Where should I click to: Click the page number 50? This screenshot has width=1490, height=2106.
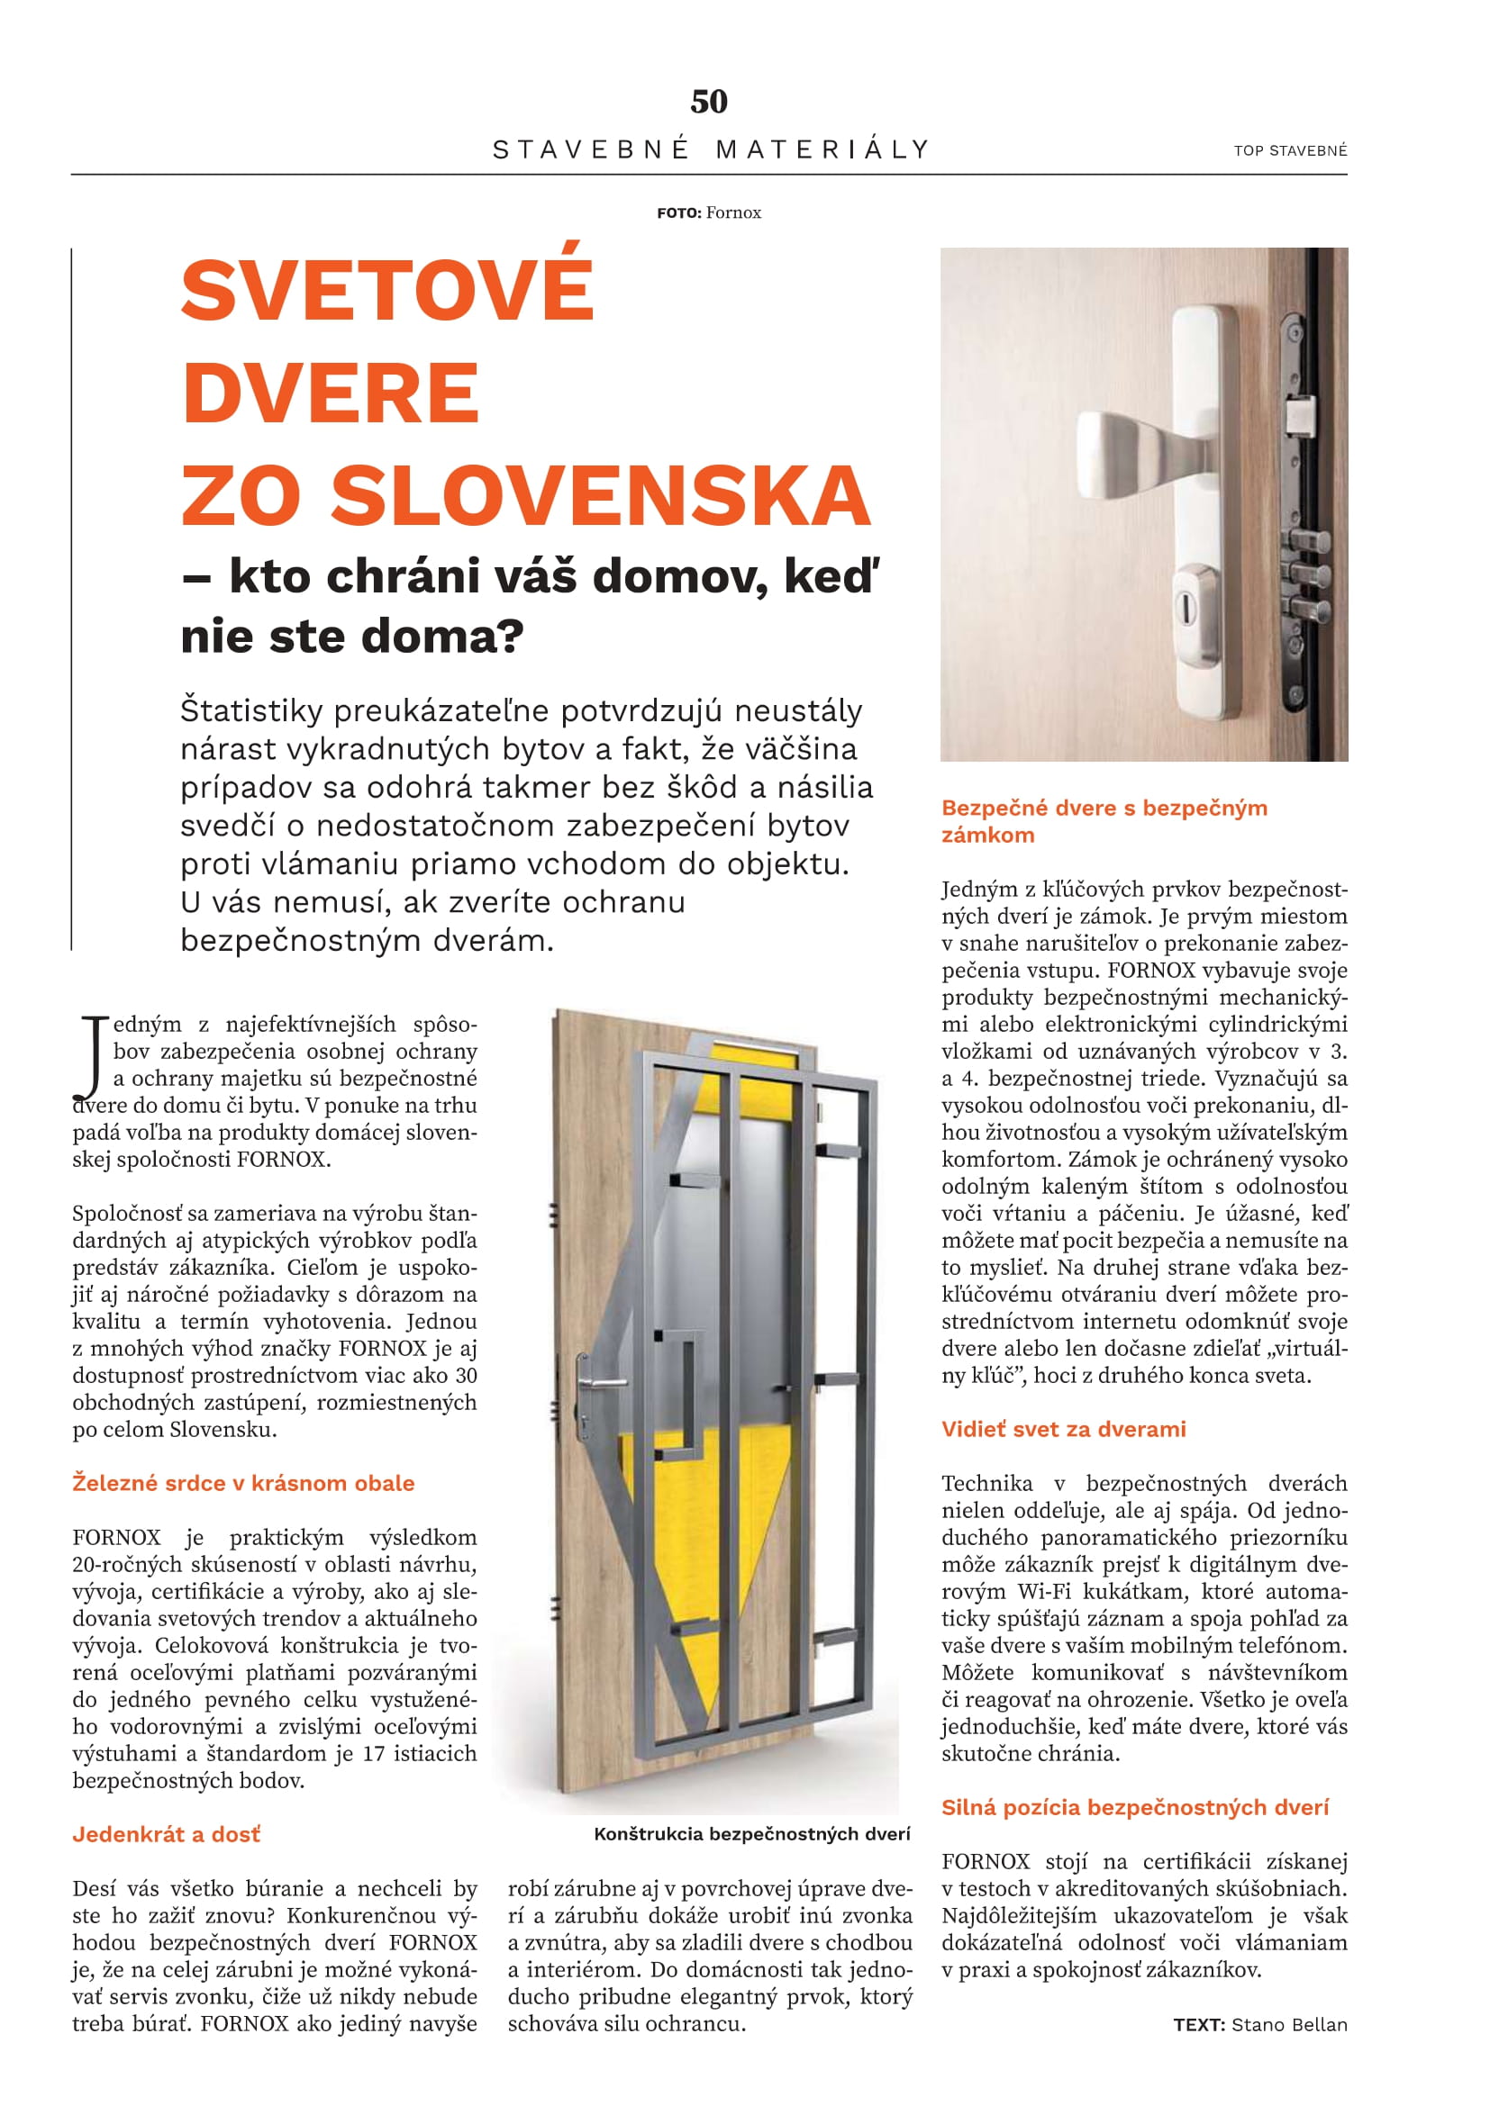point(708,101)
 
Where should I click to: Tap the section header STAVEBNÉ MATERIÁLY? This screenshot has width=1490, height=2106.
point(711,149)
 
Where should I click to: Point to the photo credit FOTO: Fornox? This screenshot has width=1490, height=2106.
point(708,212)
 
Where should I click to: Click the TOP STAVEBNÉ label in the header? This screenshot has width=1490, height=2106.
point(1290,150)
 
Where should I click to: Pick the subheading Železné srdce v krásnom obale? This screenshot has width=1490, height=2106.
point(243,1483)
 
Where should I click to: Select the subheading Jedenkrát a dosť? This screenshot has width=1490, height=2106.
point(166,1833)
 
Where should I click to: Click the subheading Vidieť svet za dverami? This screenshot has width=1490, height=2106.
point(1063,1429)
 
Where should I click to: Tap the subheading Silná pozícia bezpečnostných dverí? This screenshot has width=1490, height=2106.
point(1134,1807)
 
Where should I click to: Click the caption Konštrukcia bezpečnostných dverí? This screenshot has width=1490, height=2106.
point(751,1833)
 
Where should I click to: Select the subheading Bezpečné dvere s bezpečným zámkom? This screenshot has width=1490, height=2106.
point(1104,821)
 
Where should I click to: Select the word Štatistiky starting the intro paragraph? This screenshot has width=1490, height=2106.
point(250,711)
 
